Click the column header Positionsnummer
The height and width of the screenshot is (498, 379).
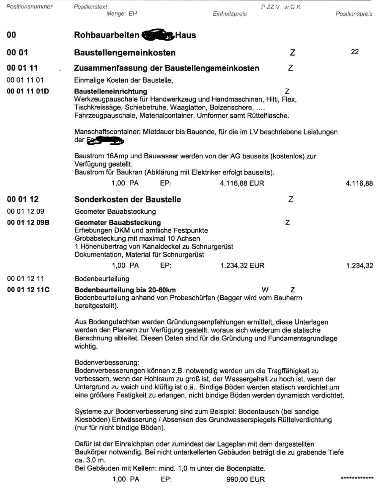29,7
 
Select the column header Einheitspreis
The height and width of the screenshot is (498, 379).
229,14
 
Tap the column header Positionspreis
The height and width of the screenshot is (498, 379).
354,14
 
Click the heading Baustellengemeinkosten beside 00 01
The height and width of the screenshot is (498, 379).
125,53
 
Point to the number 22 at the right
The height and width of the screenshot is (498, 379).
355,52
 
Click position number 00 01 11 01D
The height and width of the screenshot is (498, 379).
28,91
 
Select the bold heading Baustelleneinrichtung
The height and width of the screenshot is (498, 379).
110,91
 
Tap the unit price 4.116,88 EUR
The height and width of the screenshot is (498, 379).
242,183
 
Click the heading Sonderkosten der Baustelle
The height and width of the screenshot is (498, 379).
128,199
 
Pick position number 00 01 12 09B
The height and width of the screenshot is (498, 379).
28,222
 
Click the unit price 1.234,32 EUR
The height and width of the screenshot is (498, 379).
242,266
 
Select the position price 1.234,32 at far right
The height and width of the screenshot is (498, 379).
359,266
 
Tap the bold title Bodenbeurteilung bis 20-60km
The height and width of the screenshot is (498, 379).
125,290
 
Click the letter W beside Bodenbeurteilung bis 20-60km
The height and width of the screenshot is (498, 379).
265,290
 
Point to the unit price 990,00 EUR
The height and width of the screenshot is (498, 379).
245,479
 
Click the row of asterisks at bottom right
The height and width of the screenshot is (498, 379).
357,478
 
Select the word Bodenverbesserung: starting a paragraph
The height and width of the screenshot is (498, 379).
107,363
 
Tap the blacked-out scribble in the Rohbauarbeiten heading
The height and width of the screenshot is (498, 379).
157,35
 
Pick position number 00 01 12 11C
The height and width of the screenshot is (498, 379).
28,290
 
